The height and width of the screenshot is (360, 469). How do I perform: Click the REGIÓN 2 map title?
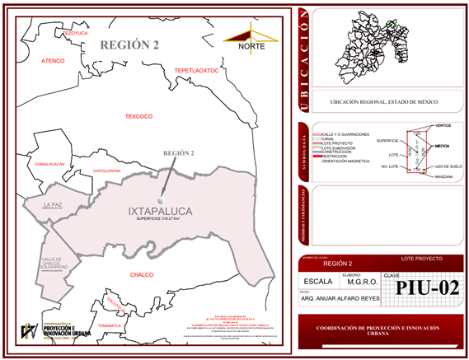pyautogui.click(x=129, y=44)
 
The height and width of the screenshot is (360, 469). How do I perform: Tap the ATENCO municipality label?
pyautogui.click(x=53, y=61)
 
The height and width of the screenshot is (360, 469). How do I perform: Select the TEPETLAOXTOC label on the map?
pyautogui.click(x=196, y=72)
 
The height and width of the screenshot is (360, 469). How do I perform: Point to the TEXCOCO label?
pyautogui.click(x=139, y=116)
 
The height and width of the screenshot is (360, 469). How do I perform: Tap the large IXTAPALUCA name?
pyautogui.click(x=160, y=212)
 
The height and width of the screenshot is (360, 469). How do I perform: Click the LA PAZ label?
pyautogui.click(x=54, y=204)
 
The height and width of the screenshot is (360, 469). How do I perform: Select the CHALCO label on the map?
pyautogui.click(x=143, y=274)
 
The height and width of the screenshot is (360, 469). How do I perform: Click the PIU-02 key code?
pyautogui.click(x=426, y=288)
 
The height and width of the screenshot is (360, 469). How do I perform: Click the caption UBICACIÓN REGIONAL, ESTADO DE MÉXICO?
pyautogui.click(x=383, y=102)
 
